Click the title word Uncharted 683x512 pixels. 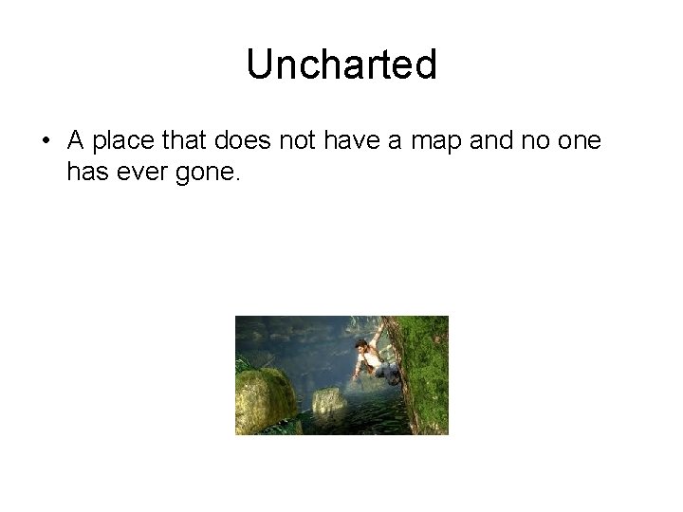click(x=341, y=64)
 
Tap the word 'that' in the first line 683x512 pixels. click(x=190, y=141)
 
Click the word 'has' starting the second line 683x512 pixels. click(x=86, y=172)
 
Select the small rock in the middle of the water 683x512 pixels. click(x=328, y=401)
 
